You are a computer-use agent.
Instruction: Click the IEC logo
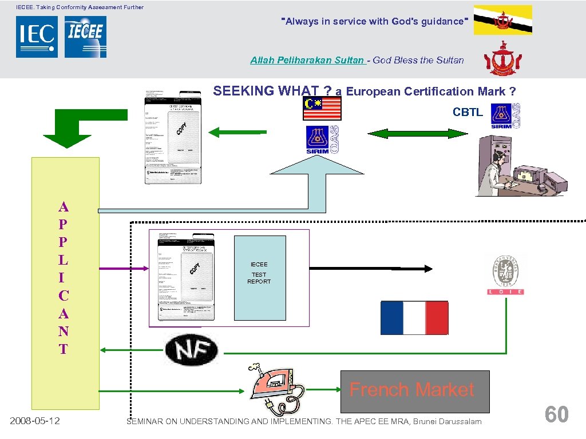pos(37,37)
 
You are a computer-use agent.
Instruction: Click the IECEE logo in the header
pos(85,37)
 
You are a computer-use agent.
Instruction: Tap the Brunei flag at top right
pos(502,20)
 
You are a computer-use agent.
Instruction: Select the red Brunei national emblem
pos(503,59)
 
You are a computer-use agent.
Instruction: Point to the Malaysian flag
pos(322,108)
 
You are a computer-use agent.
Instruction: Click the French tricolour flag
pos(414,318)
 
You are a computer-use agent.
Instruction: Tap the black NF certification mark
pos(191,349)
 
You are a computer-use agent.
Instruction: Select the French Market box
pos(415,392)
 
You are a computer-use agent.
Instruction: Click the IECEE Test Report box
pos(260,278)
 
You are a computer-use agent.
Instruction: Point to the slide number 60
pos(556,414)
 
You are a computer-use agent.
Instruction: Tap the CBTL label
pos(468,113)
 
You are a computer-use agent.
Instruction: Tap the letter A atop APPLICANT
pos(64,207)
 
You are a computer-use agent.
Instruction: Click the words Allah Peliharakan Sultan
pos(307,60)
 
